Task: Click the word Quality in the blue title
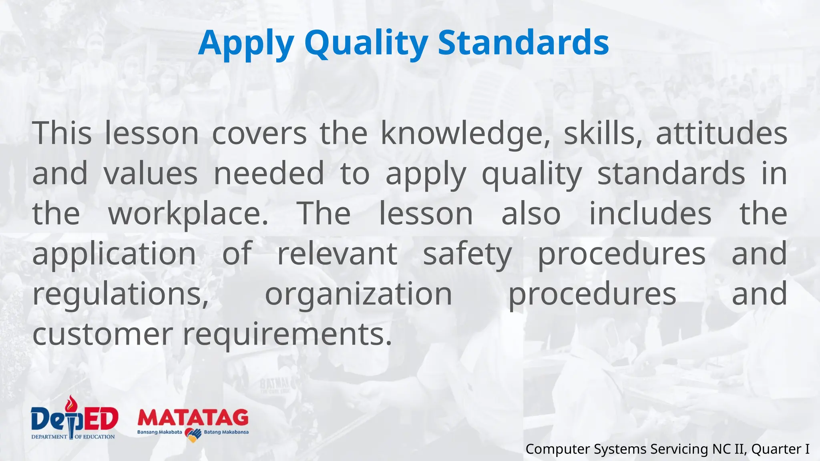coord(366,43)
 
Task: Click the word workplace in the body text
coord(188,214)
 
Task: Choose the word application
coord(114,254)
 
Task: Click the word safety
coord(467,254)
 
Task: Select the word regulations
coord(121,294)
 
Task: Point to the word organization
coord(358,294)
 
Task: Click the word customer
coord(102,334)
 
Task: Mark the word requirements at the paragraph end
coord(287,335)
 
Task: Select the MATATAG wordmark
coord(193,418)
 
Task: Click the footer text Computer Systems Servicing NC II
coord(636,449)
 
